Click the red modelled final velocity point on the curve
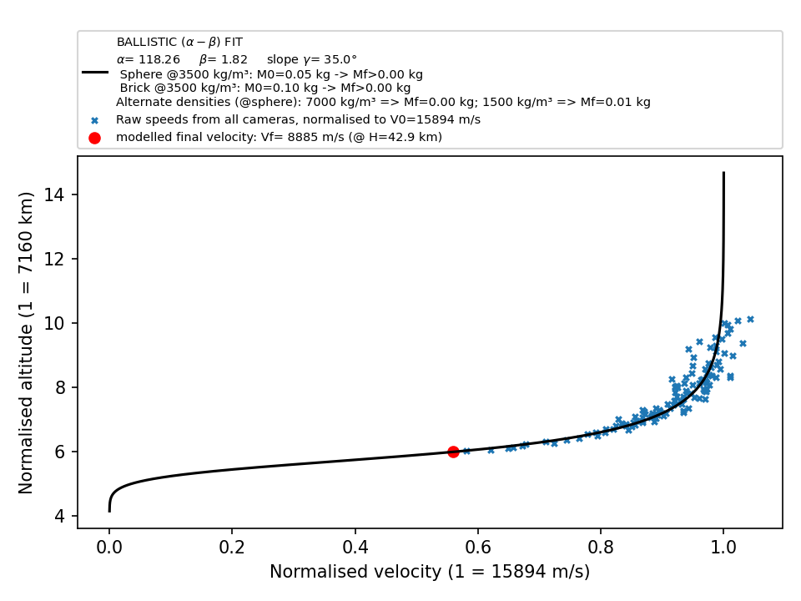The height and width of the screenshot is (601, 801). (453, 452)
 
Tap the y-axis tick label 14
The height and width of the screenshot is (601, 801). (55, 194)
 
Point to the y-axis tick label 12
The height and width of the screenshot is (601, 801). (55, 259)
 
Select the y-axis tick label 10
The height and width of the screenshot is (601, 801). (55, 324)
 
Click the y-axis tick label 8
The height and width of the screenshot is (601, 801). (60, 387)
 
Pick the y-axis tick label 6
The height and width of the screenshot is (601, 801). (60, 452)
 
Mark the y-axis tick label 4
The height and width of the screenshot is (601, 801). (60, 516)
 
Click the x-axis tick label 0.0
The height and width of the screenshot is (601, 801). (109, 548)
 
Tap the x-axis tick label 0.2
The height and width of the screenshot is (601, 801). (232, 548)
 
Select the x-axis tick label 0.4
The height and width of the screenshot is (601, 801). (355, 548)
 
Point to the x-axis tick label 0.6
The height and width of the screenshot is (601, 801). (477, 548)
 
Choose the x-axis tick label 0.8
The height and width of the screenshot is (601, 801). (601, 548)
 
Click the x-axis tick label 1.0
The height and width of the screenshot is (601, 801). (723, 548)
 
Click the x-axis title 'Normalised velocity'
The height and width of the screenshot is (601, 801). (355, 571)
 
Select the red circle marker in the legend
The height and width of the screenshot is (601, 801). (94, 138)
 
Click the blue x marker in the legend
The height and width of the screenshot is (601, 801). (94, 121)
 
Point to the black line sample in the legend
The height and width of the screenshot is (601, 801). (95, 73)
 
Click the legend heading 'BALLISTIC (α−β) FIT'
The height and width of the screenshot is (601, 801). (179, 42)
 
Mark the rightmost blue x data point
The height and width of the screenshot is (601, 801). (750, 320)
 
